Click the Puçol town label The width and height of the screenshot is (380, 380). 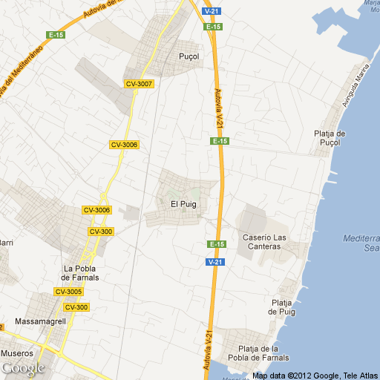[x=190, y=56]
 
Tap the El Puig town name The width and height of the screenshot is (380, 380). [x=183, y=204]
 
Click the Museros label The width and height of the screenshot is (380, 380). [x=17, y=353]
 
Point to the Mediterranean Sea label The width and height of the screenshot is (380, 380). [x=362, y=243]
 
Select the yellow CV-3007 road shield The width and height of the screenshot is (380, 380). [x=140, y=84]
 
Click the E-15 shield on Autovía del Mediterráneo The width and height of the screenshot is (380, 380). [x=56, y=35]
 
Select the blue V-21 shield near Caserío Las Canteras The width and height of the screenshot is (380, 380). [x=214, y=262]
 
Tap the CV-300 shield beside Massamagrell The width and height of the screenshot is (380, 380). [x=76, y=307]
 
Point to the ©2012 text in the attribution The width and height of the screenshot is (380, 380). [x=301, y=375]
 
